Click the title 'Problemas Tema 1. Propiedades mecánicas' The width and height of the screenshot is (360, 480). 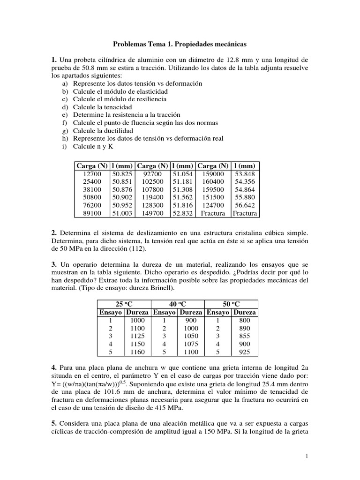(180, 44)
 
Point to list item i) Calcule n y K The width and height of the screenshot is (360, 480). (93, 146)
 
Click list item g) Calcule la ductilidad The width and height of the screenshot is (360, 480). (103, 130)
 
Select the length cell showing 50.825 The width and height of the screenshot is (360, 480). (122, 173)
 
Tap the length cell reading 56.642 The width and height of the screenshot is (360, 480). (245, 205)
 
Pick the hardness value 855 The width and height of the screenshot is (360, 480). (245, 336)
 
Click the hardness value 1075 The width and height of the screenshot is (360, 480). (191, 344)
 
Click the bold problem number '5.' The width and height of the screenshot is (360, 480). (54, 423)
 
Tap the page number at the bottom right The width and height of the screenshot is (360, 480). (306, 456)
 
